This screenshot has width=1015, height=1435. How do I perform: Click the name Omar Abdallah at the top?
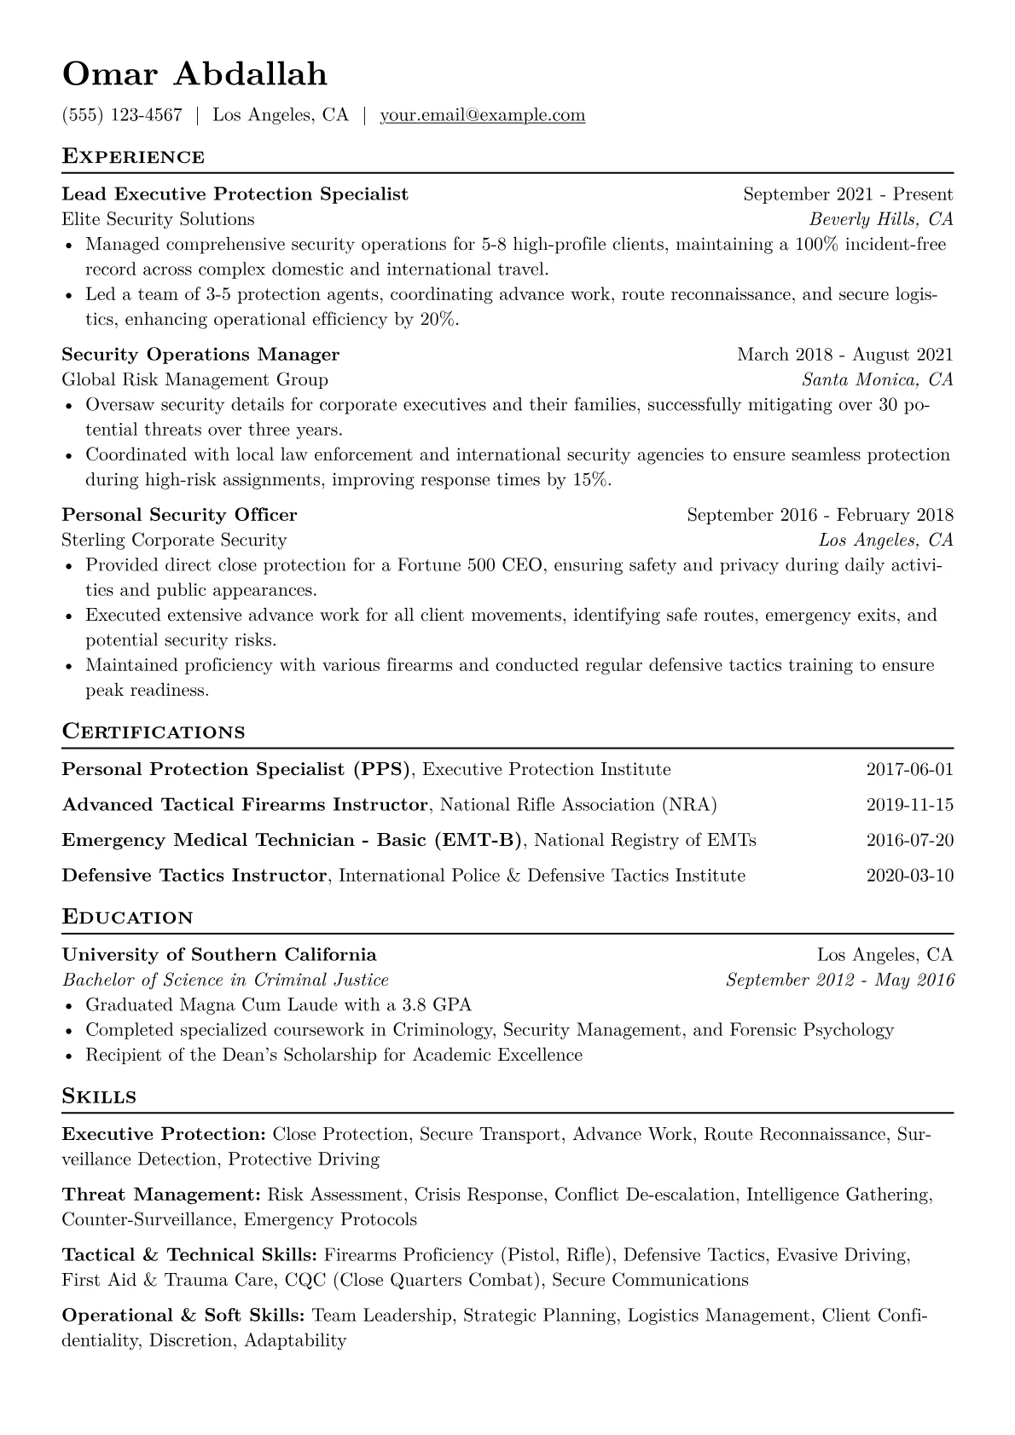coord(194,75)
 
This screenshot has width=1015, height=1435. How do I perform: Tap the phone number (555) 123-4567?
coord(122,115)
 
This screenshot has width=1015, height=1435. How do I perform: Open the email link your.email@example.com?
coord(482,115)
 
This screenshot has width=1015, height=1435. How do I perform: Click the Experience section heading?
coord(133,157)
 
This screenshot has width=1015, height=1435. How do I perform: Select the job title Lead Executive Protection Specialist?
coord(235,194)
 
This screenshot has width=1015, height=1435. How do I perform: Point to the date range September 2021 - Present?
coord(848,194)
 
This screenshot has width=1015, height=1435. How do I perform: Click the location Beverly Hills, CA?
coord(881,220)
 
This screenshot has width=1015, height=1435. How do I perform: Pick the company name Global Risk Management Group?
coord(194,379)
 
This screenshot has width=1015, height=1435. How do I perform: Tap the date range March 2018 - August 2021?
coord(844,355)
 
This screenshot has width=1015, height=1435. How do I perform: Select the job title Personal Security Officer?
coord(179,515)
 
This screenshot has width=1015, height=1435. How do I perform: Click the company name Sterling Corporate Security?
coord(174,540)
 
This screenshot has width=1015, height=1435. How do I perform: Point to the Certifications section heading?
coord(154,732)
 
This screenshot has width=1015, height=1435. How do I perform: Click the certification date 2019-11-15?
coord(909,805)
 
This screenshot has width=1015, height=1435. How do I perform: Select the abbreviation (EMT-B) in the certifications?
coord(478,841)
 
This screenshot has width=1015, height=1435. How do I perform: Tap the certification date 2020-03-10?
coord(909,876)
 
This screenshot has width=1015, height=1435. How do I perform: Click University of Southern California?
coord(218,955)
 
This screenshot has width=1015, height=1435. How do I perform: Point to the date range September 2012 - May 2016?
coord(839,981)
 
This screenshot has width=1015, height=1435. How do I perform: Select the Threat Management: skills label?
coord(161,1195)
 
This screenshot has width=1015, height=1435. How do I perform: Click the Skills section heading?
coord(99,1097)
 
